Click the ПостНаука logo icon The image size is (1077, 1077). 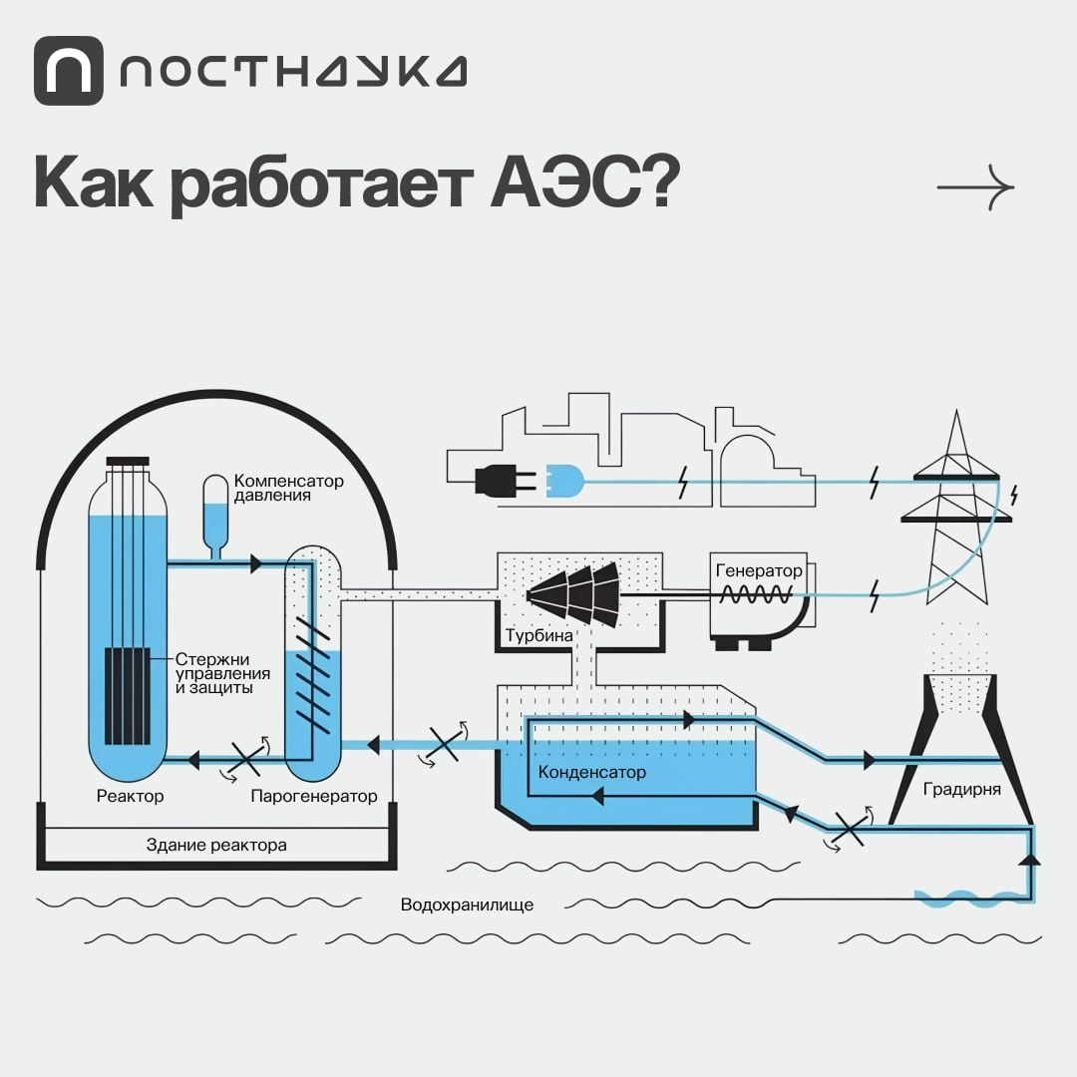(68, 71)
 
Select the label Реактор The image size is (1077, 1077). (131, 796)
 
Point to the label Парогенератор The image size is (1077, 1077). (314, 796)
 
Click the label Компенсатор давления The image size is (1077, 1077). (288, 488)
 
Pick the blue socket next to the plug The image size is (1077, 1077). (562, 483)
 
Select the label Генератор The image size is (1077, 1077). (759, 571)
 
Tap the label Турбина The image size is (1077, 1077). (538, 635)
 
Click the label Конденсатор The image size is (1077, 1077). (592, 773)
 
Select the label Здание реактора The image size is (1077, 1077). (216, 846)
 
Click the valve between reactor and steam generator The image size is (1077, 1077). (245, 759)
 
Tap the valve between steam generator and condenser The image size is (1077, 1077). (444, 744)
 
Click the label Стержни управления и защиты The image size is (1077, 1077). (213, 673)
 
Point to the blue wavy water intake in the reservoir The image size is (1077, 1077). (963, 898)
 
